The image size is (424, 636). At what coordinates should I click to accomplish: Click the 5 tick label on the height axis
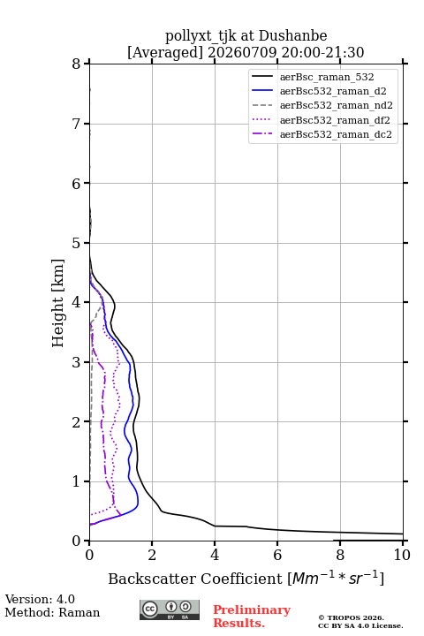pyautogui.click(x=77, y=243)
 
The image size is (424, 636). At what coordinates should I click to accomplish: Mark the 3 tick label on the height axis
pyautogui.click(x=77, y=362)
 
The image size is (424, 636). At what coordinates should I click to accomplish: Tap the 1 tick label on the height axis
pyautogui.click(x=77, y=481)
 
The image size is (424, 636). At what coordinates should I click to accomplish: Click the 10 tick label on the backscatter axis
pyautogui.click(x=402, y=555)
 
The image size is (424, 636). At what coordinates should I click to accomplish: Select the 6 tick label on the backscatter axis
pyautogui.click(x=277, y=555)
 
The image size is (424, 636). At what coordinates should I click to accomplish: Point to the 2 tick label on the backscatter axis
pyautogui.click(x=152, y=555)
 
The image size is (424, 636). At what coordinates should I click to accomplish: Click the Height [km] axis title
pyautogui.click(x=58, y=303)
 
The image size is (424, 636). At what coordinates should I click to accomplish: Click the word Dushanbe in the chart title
pyautogui.click(x=292, y=36)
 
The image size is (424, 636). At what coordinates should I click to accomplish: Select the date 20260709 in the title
pyautogui.click(x=242, y=52)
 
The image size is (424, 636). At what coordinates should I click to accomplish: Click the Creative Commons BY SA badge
pyautogui.click(x=170, y=609)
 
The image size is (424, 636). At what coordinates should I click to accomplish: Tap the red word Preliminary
pyautogui.click(x=252, y=609)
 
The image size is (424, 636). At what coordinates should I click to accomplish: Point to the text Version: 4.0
pyautogui.click(x=40, y=599)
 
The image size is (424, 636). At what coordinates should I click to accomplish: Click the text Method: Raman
pyautogui.click(x=52, y=612)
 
